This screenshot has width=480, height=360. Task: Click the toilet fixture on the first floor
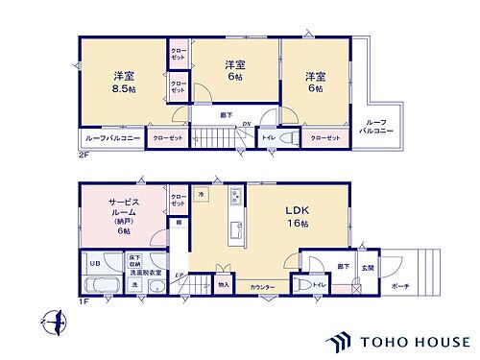tap(304, 285)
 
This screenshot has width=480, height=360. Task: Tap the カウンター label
tap(262, 288)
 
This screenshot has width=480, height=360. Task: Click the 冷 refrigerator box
tap(202, 195)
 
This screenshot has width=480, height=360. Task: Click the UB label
tap(95, 263)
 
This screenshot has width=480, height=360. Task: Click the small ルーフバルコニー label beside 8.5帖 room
tap(107, 138)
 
